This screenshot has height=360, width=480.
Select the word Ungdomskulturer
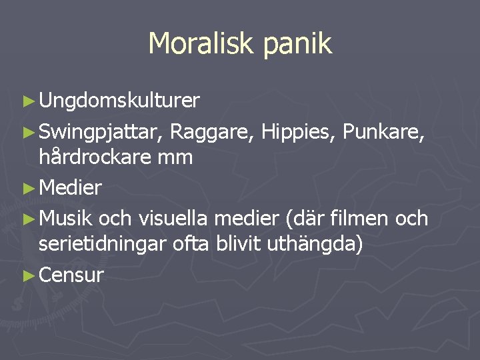pyautogui.click(x=119, y=101)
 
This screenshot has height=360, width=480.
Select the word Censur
pyautogui.click(x=71, y=275)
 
